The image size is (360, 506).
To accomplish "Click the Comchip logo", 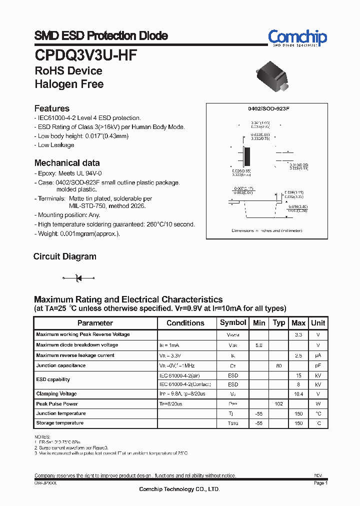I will [297, 37].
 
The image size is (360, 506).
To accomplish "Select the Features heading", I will [52, 108].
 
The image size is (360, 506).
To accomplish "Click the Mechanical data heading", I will [67, 163].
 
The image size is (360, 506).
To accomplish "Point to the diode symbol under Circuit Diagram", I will [77, 277].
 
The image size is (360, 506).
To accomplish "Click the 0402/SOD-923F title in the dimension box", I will [269, 108].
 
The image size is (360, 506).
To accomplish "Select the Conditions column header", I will [185, 323].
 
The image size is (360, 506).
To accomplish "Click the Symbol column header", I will [233, 323].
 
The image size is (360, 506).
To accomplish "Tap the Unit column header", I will [318, 323].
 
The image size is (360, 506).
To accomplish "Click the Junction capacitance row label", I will [61, 365].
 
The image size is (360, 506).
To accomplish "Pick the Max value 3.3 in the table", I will [298, 334].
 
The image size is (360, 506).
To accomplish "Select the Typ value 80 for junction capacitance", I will [279, 365].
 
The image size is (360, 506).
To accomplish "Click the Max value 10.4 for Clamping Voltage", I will [298, 394].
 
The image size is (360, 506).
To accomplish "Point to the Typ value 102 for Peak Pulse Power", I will [279, 403].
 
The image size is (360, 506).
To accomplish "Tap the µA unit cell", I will [318, 355].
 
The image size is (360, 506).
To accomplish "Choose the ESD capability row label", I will [53, 379].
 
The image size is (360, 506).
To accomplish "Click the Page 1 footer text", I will [320, 483].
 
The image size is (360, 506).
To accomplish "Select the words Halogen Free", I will [69, 84].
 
